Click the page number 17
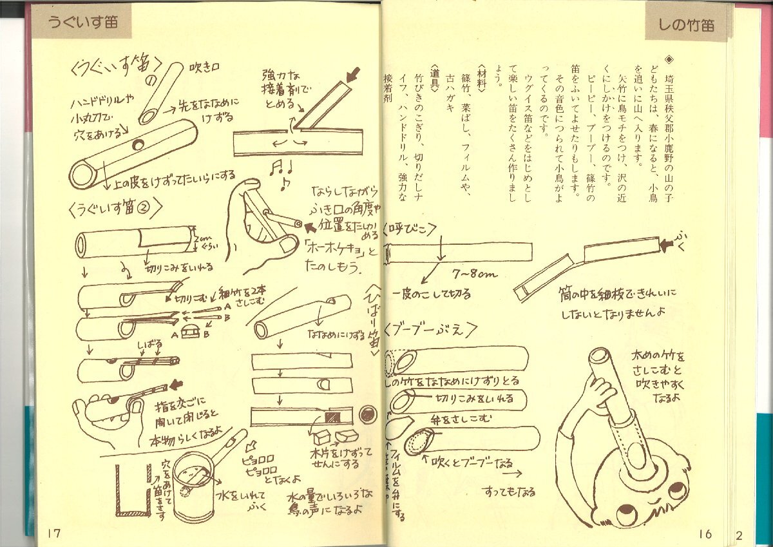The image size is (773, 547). point(53,532)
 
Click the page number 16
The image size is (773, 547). point(705,533)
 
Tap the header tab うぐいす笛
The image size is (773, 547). point(82,21)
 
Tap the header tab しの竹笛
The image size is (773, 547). point(686,26)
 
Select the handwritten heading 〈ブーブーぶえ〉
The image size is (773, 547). point(431,329)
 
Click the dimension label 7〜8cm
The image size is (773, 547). point(475,274)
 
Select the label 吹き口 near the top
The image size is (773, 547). point(204,67)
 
